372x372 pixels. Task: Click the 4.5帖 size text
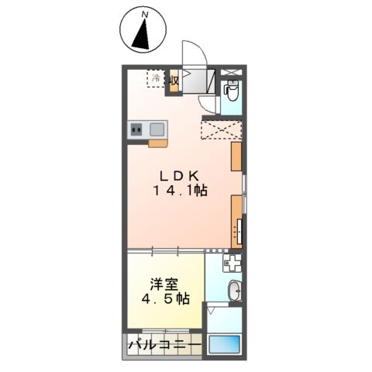[165, 299]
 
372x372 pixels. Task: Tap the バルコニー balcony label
[164, 343]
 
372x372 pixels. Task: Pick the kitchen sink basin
[155, 129]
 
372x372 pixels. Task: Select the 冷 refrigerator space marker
[156, 79]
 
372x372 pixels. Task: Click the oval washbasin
[235, 292]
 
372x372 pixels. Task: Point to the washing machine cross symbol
[233, 263]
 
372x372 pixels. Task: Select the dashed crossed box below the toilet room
[222, 129]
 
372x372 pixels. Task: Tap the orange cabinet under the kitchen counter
[157, 143]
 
